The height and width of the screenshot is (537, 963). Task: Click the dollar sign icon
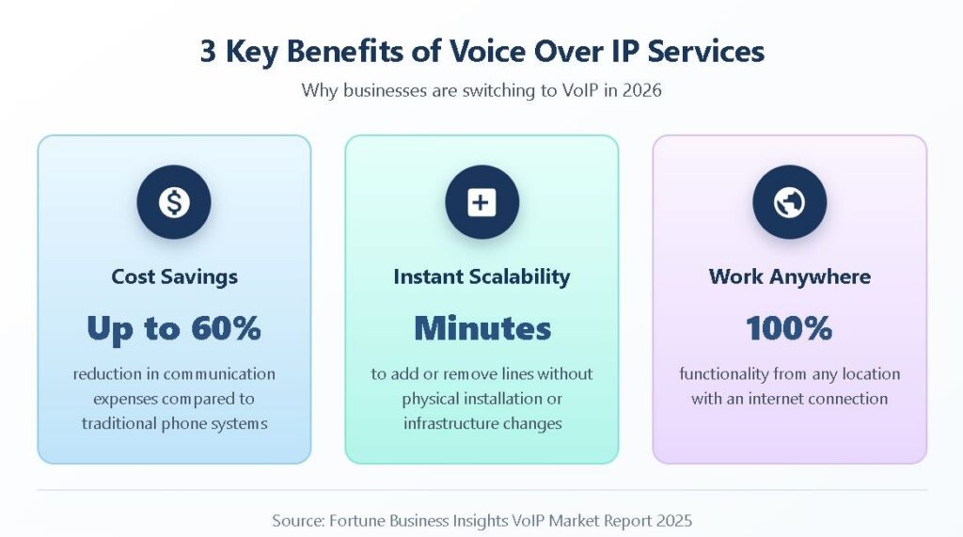pos(174,202)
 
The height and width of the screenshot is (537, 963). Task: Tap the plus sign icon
pos(481,202)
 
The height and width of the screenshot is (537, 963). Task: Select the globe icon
pos(789,202)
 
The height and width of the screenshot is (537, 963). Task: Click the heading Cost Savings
pos(174,277)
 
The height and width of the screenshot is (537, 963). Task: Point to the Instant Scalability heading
pos(481,277)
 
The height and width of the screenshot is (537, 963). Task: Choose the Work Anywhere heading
pos(789,277)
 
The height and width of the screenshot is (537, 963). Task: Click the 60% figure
pos(226,328)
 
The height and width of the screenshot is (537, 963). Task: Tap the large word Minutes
pos(482,328)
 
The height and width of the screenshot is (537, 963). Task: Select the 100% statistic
pos(789,328)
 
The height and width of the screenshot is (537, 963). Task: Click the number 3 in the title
pos(208,51)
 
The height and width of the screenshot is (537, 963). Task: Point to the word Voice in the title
pos(488,51)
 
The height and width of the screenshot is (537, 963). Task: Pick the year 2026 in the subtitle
pos(641,91)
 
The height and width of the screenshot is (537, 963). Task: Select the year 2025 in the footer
pos(673,521)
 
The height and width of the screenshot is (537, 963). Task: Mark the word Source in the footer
pos(298,521)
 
